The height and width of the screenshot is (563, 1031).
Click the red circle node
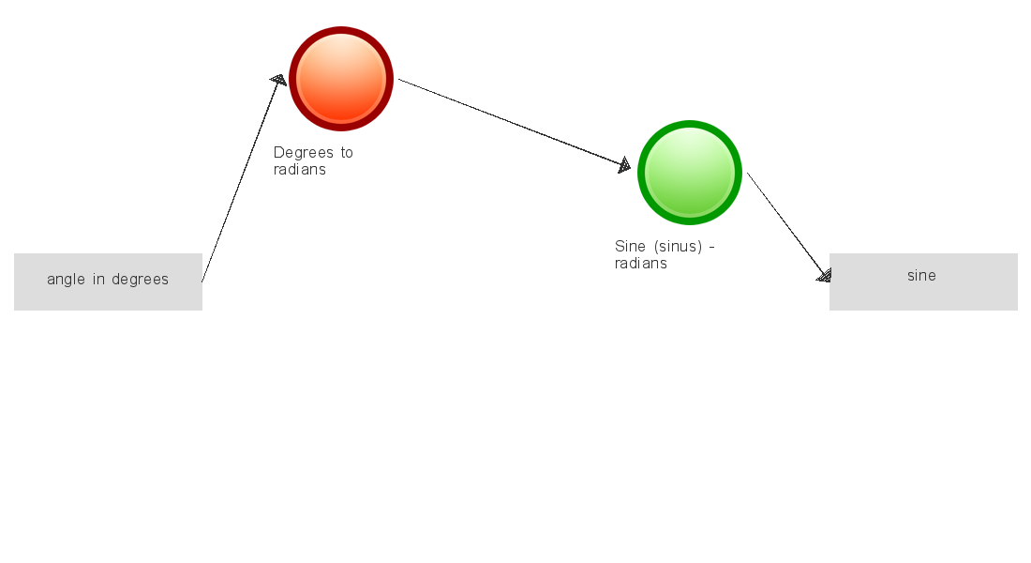[341, 79]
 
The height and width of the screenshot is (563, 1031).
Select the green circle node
[690, 173]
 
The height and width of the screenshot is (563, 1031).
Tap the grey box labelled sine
[923, 281]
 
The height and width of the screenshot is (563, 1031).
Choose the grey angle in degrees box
[108, 281]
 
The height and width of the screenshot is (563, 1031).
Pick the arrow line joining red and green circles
[515, 123]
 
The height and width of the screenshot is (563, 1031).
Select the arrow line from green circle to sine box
[789, 227]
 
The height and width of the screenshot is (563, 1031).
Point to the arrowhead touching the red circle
[279, 80]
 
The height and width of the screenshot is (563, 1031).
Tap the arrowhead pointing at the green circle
[624, 165]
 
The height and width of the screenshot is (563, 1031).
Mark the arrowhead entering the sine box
[825, 275]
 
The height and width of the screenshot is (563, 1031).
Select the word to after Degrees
[347, 153]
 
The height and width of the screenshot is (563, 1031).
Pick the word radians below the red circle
[300, 169]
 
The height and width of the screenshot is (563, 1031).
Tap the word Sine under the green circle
[630, 246]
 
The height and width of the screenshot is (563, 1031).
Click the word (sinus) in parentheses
[678, 247]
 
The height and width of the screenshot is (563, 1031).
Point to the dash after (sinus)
[712, 248]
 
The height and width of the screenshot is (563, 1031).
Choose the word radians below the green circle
[641, 264]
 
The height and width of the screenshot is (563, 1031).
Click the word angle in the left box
[66, 280]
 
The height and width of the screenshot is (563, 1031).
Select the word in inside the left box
[98, 280]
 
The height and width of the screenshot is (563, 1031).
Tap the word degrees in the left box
[140, 280]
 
